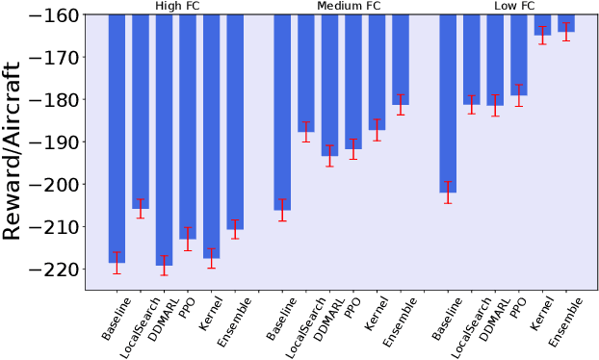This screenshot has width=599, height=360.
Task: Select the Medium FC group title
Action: point(343,6)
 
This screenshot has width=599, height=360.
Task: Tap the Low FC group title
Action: point(508,6)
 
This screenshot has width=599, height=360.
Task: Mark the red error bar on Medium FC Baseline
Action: point(282,210)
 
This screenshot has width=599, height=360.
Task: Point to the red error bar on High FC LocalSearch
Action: point(141,208)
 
